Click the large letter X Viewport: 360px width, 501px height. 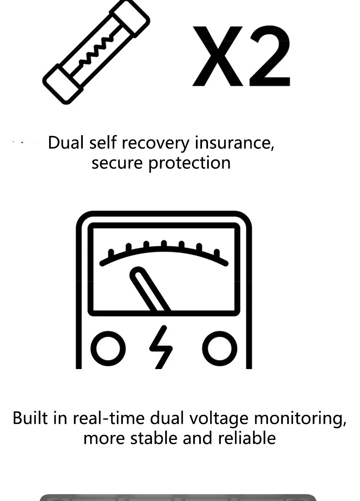pos(218,56)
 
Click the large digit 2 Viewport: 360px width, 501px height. pos(270,56)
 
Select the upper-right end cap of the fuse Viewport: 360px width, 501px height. pos(130,18)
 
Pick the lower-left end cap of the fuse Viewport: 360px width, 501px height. pos(62,84)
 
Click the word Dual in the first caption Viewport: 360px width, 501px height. pos(66,142)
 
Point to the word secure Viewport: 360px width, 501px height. pos(117,163)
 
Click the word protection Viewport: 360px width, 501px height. pos(189,164)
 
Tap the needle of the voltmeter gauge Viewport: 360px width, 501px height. pos(150,289)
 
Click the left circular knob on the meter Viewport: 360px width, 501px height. pos(108,349)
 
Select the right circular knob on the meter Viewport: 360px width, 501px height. pos(220,349)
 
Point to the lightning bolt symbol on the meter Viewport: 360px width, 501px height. pos(161,347)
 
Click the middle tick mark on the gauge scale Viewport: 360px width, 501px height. pos(164,244)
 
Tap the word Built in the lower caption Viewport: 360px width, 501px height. pos(30,418)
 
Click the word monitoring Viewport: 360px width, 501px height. pos(300,419)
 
